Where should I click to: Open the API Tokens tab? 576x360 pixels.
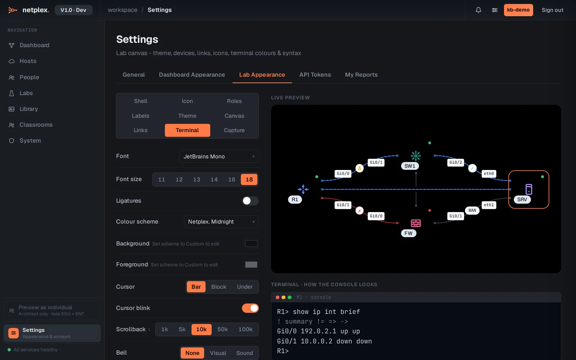(x=315, y=75)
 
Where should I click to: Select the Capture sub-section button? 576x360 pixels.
(x=234, y=130)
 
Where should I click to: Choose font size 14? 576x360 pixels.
(x=214, y=180)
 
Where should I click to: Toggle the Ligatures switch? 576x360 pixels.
(x=250, y=201)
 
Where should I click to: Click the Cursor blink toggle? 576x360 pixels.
(x=250, y=308)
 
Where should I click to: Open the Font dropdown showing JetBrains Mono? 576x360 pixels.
(x=219, y=156)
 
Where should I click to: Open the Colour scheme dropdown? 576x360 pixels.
(x=221, y=222)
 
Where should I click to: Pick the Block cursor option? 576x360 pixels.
(x=219, y=287)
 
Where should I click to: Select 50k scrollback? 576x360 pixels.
(x=222, y=329)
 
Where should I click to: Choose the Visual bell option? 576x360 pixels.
(x=218, y=353)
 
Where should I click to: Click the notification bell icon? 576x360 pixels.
(x=478, y=10)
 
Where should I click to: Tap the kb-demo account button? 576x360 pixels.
(x=518, y=10)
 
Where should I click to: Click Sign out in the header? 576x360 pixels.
(x=552, y=10)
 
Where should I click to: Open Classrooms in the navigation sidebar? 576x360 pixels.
(x=36, y=125)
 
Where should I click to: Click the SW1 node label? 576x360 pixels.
(x=410, y=166)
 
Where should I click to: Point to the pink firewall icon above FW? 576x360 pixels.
(x=416, y=223)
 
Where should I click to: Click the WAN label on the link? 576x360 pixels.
(x=472, y=210)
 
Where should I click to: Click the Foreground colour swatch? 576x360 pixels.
(x=251, y=265)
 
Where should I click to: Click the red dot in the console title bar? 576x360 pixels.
(x=278, y=297)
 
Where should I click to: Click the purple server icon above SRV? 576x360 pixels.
(x=529, y=189)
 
